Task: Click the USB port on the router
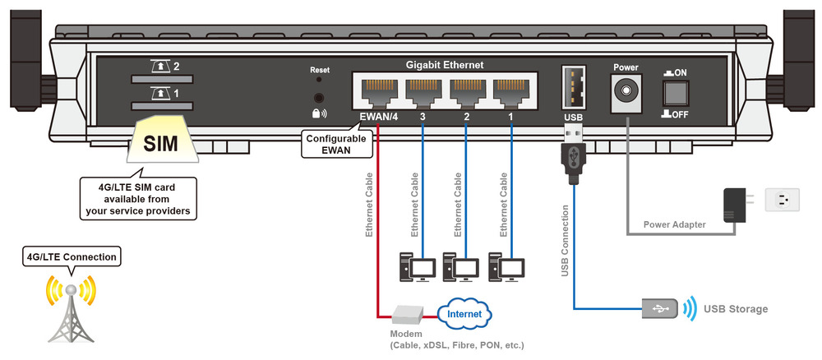(x=574, y=87)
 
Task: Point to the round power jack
(x=626, y=92)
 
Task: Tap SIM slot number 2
(x=161, y=80)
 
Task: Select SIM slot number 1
(x=161, y=106)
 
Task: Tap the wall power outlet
(x=783, y=201)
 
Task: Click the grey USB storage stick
(x=660, y=309)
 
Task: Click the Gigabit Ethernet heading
(x=445, y=65)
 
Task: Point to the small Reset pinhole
(x=320, y=79)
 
